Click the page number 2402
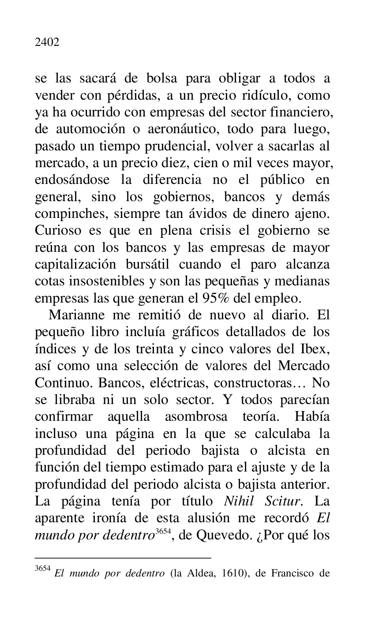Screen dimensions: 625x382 47,43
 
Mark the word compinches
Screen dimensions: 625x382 71,214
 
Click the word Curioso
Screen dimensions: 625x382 57,231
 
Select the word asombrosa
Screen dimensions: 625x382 196,417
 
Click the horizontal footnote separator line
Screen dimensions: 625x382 123,558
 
